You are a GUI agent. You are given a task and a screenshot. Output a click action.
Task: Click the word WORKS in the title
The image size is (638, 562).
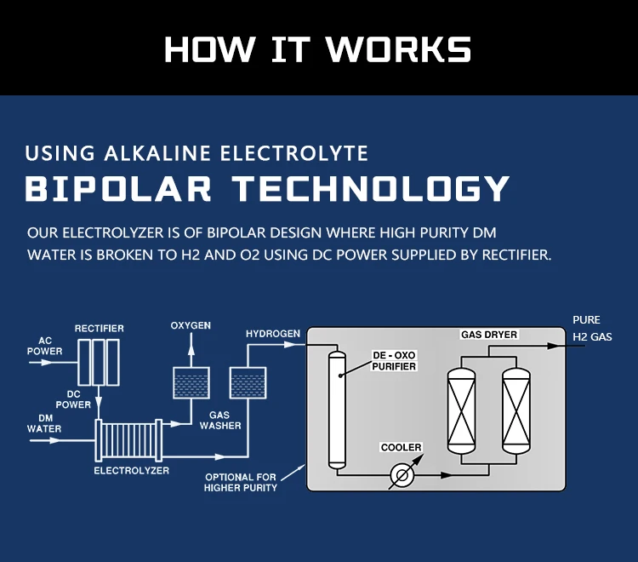click(398, 49)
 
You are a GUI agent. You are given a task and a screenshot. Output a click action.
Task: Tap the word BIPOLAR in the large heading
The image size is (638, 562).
click(118, 188)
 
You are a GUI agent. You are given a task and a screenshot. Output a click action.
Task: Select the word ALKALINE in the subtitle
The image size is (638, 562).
click(157, 153)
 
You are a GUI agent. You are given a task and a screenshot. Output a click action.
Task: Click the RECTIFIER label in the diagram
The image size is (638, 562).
click(100, 328)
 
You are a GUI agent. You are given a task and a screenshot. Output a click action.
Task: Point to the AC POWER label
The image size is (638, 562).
click(45, 346)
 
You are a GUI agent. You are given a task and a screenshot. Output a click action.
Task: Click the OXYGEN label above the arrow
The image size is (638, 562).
click(191, 325)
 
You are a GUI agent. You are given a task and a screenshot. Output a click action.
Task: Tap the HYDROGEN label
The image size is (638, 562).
click(273, 334)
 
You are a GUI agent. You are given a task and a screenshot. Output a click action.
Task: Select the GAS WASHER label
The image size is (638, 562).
click(220, 421)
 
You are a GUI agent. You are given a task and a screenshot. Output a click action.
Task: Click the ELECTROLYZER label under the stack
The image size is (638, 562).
click(131, 470)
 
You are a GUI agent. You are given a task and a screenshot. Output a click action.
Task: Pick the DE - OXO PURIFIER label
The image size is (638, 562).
click(394, 361)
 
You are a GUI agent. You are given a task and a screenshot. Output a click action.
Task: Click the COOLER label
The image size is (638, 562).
click(401, 447)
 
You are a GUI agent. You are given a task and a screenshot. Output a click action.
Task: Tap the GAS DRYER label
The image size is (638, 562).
click(489, 335)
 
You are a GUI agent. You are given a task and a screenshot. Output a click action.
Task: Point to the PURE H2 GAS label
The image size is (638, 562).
click(592, 328)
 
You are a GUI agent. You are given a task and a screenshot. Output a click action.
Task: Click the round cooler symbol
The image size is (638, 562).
click(402, 475)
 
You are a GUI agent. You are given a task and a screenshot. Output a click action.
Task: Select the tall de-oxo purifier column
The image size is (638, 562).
click(337, 410)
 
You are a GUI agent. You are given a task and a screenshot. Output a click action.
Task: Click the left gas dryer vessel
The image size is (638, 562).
click(461, 410)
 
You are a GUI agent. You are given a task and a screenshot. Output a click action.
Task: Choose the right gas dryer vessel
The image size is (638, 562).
click(516, 410)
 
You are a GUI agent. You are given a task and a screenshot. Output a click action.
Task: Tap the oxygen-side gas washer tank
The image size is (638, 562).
click(191, 383)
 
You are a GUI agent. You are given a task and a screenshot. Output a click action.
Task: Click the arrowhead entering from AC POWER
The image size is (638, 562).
click(48, 362)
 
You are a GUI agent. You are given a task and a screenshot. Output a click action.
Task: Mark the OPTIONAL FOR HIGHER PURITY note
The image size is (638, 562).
click(241, 482)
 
